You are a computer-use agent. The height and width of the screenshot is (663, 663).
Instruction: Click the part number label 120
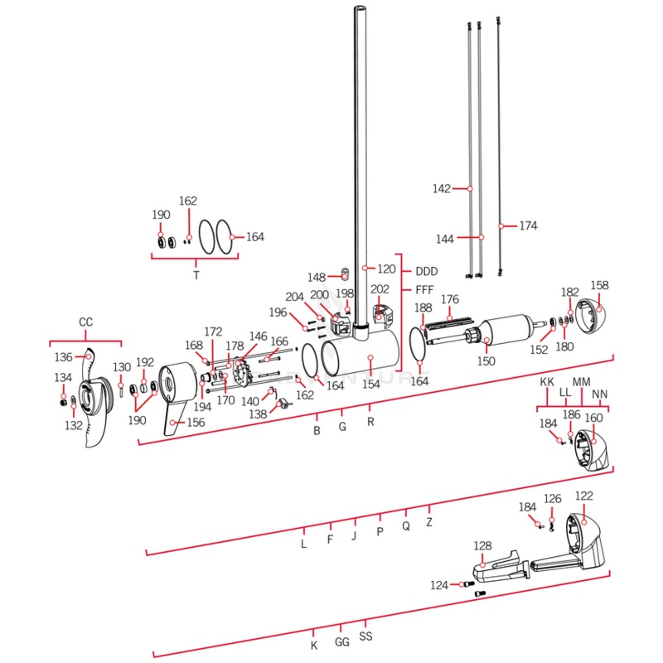[387, 269]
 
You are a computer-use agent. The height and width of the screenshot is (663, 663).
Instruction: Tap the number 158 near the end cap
[599, 285]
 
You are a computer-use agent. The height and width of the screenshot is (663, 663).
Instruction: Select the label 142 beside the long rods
[442, 189]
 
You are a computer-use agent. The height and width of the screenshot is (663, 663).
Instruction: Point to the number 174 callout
[529, 225]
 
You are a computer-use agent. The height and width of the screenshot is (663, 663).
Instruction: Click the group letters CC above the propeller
[85, 322]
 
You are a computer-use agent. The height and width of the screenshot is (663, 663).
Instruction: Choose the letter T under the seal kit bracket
[196, 274]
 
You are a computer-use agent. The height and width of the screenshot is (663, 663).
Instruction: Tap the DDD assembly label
[426, 271]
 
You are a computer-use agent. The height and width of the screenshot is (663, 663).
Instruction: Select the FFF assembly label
[424, 290]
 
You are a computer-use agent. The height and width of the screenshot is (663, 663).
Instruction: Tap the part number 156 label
[196, 422]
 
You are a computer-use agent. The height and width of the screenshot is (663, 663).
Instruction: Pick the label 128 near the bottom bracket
[482, 546]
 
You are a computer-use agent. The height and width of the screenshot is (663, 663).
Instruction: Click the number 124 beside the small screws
[439, 585]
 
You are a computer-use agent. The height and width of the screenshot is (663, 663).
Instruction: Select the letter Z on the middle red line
[429, 523]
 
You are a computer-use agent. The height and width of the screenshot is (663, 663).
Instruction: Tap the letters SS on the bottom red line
[365, 637]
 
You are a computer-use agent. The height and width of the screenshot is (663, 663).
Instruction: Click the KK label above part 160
[547, 382]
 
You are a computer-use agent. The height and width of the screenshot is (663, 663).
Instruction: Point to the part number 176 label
[449, 299]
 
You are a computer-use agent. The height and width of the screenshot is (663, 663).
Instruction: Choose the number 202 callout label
[380, 289]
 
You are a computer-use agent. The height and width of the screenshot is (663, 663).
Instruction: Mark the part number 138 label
[259, 414]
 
